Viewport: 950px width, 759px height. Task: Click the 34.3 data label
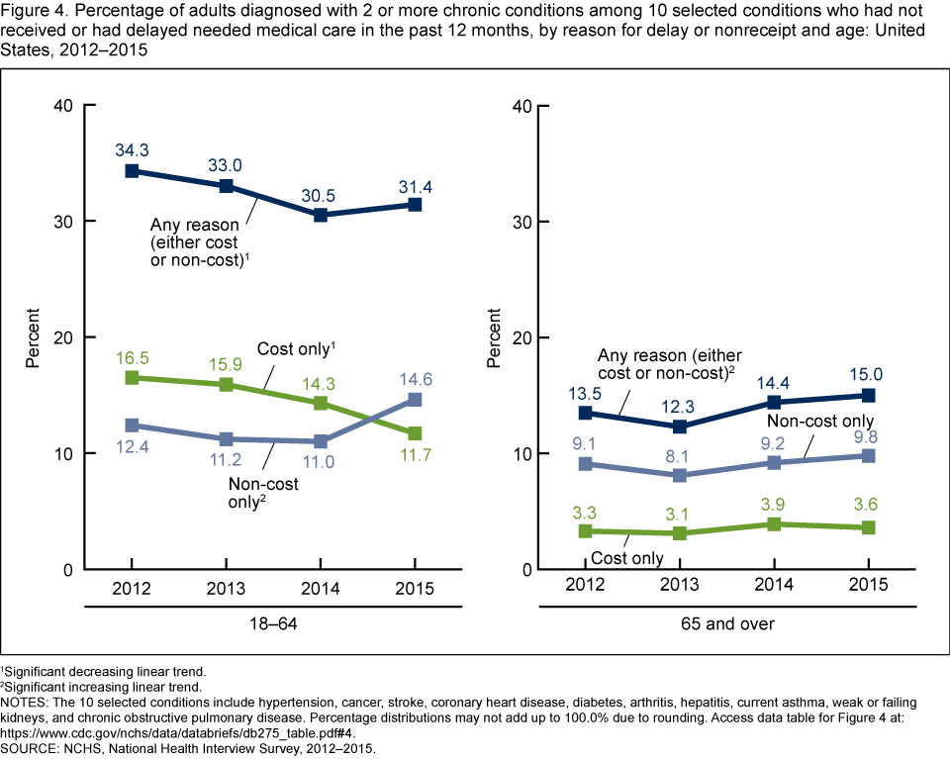132,148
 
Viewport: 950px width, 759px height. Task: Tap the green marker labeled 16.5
132,378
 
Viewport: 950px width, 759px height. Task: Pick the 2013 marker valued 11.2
227,439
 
